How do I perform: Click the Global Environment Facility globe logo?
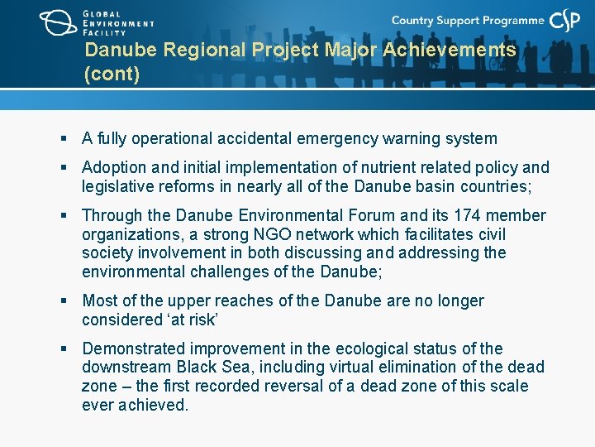point(58,22)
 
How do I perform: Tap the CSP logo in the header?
point(567,22)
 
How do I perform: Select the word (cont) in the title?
point(112,74)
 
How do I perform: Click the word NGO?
point(238,234)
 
